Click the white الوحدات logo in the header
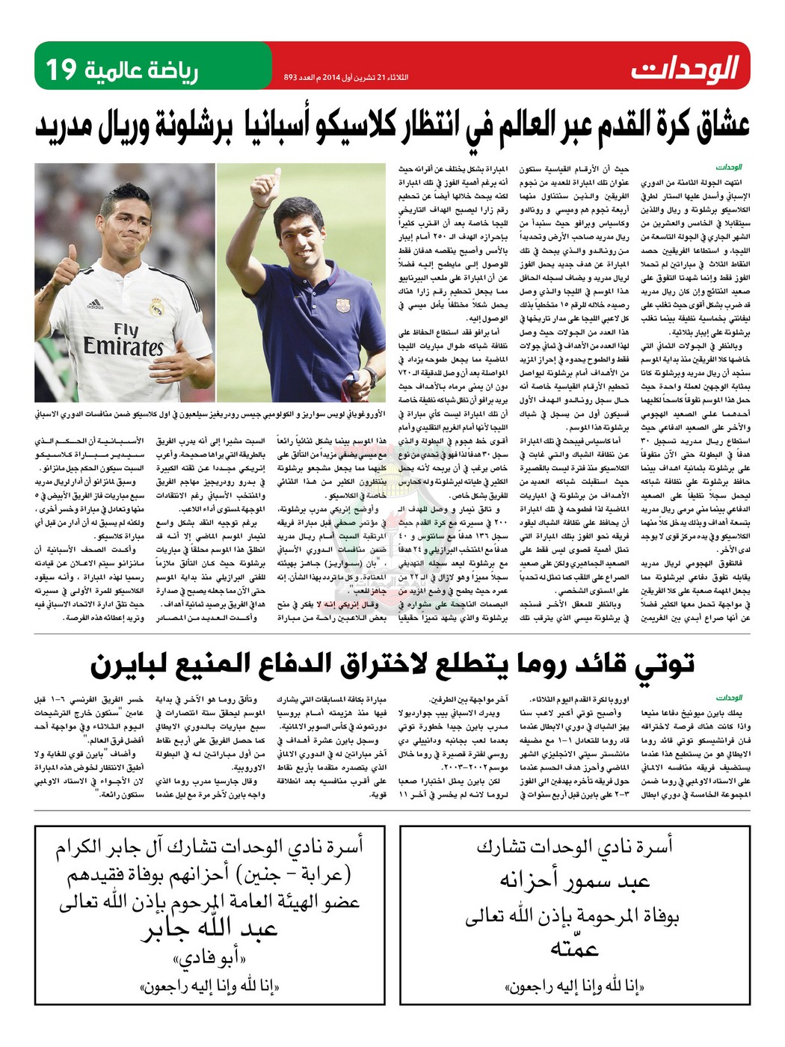click(x=684, y=69)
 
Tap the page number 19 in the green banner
click(x=61, y=70)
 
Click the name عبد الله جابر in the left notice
click(x=209, y=930)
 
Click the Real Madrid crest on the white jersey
click(x=156, y=307)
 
